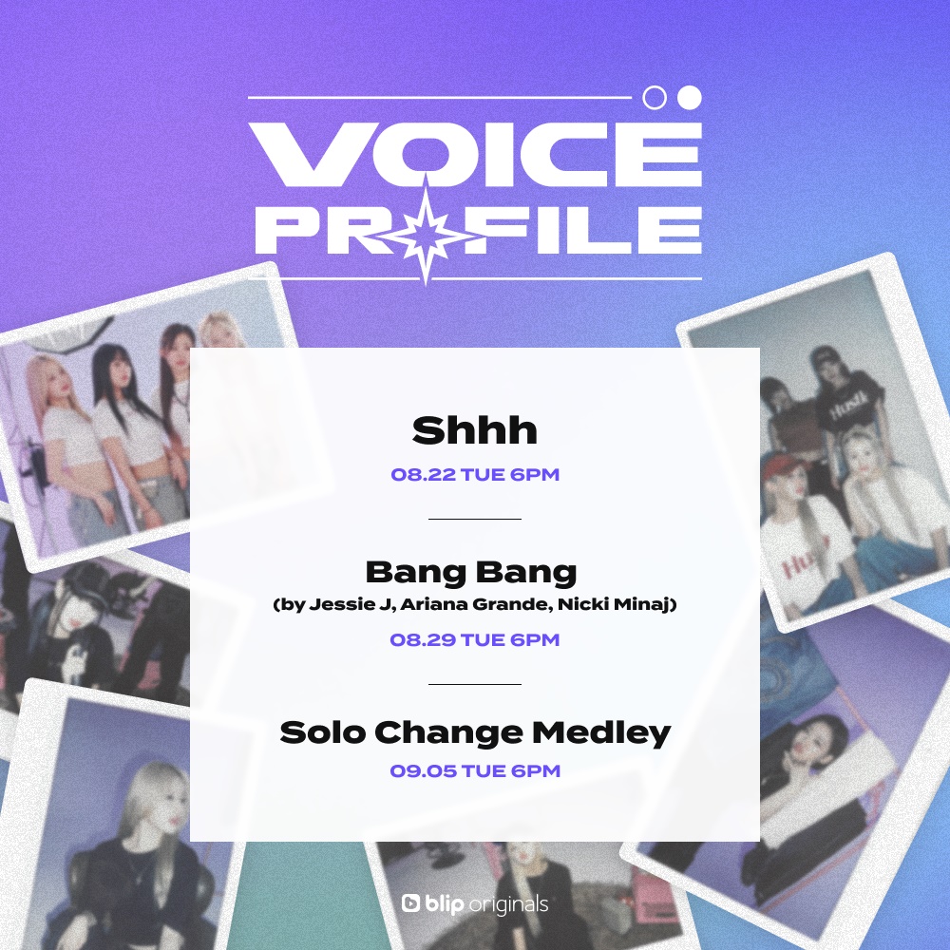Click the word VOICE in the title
[475, 154]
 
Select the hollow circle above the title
[655, 98]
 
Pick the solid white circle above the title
[690, 98]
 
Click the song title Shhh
[474, 430]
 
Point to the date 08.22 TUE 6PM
[475, 474]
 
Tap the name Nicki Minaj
[614, 604]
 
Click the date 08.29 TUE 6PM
[475, 639]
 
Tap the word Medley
[601, 733]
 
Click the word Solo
[323, 732]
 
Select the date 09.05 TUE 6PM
[475, 770]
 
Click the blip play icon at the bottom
[410, 902]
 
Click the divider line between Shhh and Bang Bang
[475, 520]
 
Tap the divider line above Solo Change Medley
[475, 684]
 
